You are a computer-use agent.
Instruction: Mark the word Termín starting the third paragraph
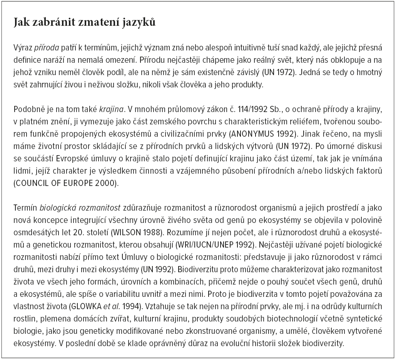pyautogui.click(x=25, y=209)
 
